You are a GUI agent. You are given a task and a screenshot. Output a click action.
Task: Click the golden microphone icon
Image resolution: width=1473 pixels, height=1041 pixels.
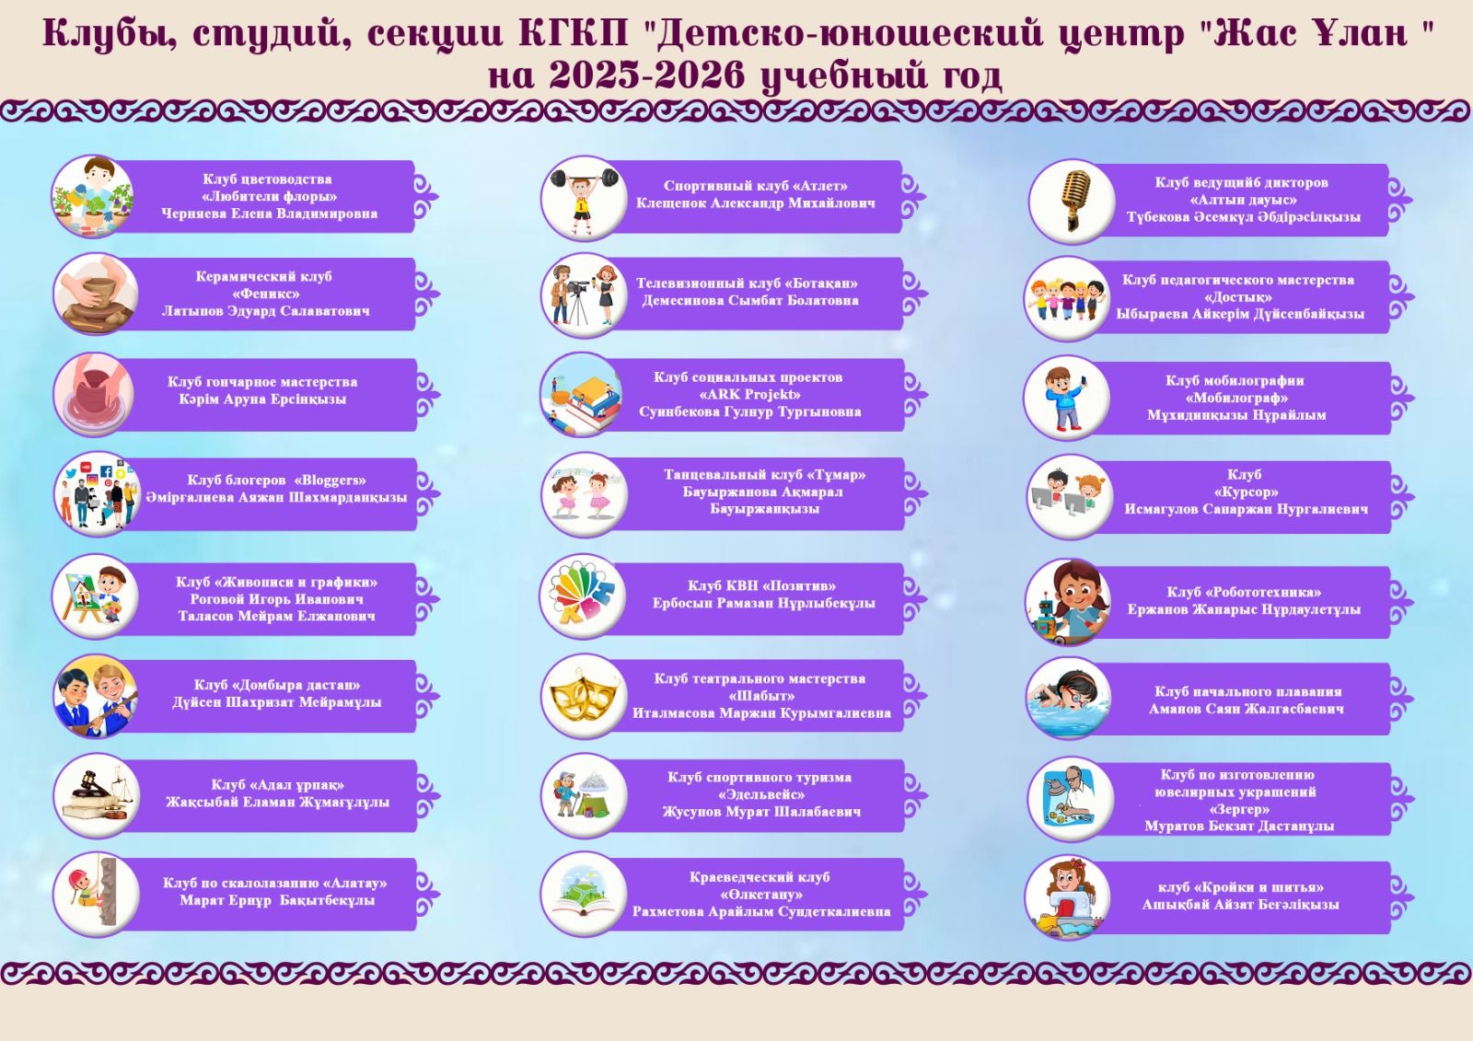1073,201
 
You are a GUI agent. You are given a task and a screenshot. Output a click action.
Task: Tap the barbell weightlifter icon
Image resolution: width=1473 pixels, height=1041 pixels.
584,198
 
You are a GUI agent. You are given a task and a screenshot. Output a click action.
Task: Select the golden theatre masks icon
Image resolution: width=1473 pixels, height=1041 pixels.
584,696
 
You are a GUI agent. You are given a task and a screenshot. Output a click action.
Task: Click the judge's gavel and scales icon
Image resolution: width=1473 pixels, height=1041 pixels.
98,795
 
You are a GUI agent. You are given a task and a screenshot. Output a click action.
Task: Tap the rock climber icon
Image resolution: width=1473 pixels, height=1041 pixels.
96,893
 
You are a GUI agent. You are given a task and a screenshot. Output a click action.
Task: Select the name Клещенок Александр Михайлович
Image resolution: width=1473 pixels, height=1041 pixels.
756,203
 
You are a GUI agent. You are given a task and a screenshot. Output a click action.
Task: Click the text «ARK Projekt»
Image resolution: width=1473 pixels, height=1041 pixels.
749,395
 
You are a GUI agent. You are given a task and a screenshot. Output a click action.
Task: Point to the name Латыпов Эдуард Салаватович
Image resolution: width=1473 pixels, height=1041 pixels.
266,311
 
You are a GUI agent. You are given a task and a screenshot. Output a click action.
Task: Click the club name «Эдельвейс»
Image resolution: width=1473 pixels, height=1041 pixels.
761,794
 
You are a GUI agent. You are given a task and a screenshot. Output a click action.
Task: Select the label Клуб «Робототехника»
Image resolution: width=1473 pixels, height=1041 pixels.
1244,592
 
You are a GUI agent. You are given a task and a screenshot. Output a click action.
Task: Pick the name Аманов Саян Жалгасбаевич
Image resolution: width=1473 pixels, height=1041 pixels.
1247,709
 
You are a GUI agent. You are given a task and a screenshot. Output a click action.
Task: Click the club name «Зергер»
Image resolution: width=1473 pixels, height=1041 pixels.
1239,809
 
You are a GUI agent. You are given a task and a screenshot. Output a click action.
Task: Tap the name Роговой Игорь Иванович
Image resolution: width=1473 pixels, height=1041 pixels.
276,599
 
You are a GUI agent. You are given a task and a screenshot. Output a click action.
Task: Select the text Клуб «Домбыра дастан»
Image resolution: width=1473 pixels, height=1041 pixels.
277,685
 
